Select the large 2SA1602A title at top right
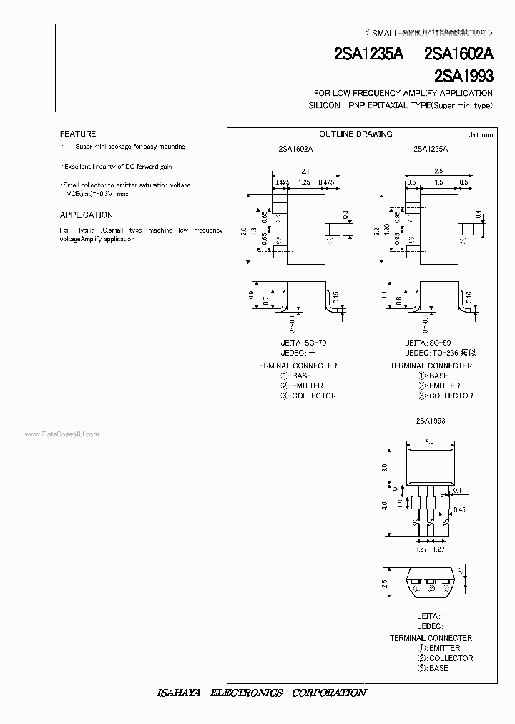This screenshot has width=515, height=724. (x=458, y=56)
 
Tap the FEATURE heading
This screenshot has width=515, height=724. (x=78, y=134)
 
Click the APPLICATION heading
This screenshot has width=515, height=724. (x=87, y=215)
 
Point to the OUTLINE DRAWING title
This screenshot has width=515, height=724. (x=355, y=134)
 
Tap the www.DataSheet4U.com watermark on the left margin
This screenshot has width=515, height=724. (x=62, y=434)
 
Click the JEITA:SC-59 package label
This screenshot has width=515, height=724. (x=427, y=343)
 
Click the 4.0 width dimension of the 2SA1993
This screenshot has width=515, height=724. (x=429, y=441)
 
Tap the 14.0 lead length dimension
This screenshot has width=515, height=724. (x=385, y=507)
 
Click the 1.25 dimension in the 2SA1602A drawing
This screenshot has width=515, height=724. (x=304, y=183)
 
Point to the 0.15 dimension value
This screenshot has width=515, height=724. (x=337, y=296)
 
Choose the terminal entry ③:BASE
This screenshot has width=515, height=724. (x=434, y=668)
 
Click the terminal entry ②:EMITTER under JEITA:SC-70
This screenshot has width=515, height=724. (x=300, y=386)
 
